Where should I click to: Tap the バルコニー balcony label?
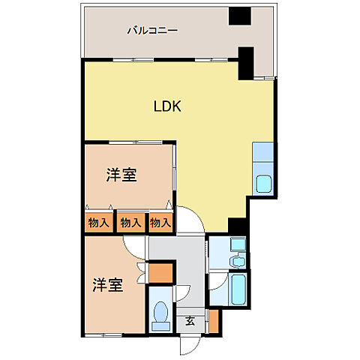151,31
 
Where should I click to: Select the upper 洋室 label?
121,175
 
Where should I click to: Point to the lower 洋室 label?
108,285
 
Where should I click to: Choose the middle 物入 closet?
130,222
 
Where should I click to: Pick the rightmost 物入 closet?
160,222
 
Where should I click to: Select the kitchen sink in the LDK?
265,183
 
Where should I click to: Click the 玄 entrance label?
190,321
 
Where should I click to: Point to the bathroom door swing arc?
215,282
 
